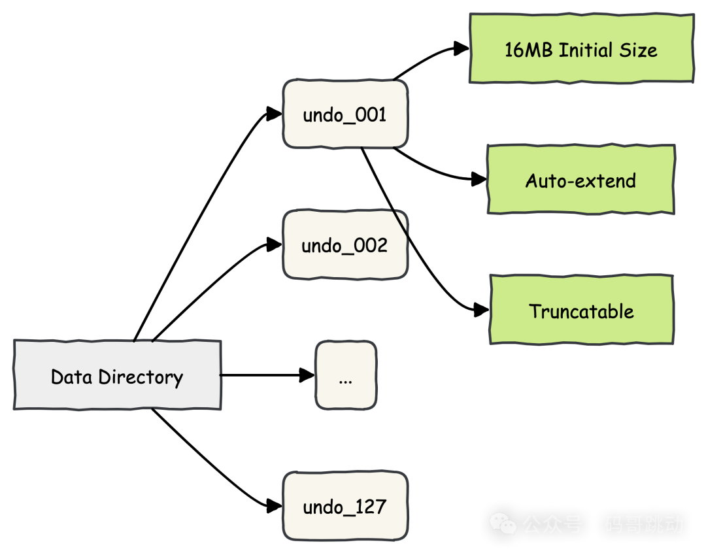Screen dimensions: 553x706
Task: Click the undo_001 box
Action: click(345, 114)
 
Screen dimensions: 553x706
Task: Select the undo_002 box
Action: click(345, 244)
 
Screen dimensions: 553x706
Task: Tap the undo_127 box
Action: click(345, 507)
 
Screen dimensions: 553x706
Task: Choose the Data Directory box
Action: click(118, 375)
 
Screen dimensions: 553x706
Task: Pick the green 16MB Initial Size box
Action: click(581, 49)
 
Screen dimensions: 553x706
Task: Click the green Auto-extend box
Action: click(580, 180)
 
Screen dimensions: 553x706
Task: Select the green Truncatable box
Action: click(581, 310)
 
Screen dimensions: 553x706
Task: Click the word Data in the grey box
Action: click(72, 377)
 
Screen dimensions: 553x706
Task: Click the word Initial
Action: click(586, 50)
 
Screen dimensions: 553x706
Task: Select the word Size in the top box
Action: click(638, 50)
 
